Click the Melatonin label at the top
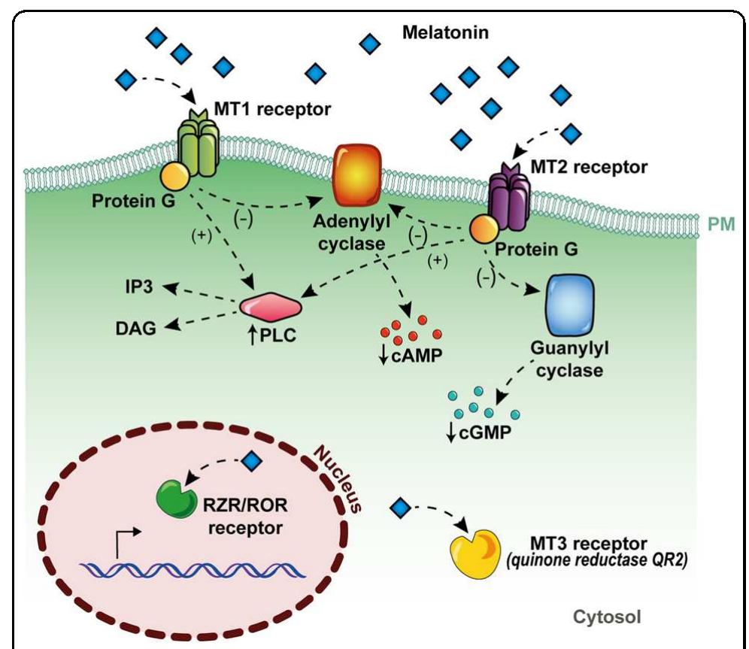(445, 33)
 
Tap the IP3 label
(140, 287)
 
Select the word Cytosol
(608, 617)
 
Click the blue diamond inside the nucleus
(251, 461)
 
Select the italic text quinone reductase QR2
(610, 560)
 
